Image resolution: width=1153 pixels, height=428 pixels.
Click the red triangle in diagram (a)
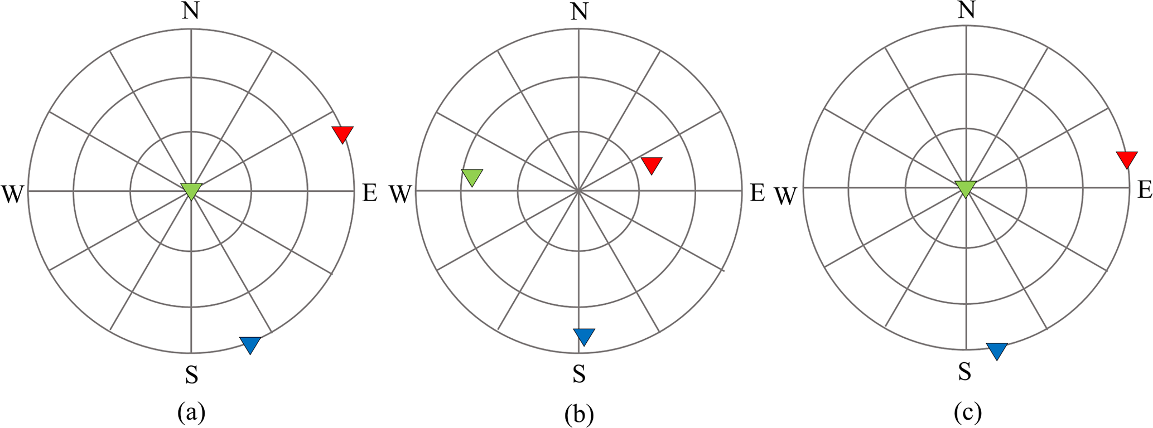[342, 134]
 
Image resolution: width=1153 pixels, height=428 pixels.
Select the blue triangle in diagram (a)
[250, 344]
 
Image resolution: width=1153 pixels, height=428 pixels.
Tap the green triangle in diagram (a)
[191, 190]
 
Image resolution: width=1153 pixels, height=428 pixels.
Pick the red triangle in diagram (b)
[652, 164]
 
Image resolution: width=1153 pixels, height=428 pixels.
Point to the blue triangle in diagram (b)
[584, 336]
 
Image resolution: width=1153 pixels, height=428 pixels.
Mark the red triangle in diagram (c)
[1127, 158]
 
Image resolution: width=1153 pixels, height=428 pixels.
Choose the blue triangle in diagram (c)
[997, 350]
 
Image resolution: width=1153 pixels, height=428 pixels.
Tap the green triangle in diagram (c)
[966, 188]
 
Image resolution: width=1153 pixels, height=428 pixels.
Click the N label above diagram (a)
[191, 12]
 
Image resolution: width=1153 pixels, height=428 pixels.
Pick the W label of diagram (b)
[399, 194]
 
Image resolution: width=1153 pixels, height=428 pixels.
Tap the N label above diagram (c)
[966, 10]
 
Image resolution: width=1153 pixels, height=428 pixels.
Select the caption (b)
[579, 415]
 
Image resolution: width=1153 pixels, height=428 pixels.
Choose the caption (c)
[967, 413]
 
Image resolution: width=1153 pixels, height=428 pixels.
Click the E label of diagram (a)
[370, 193]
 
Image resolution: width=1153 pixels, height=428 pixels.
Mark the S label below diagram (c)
[965, 371]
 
